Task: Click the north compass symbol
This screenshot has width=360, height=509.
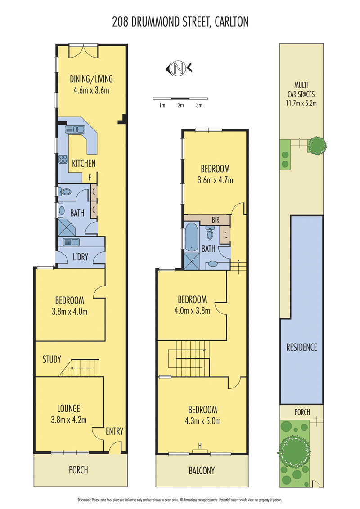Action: tap(179, 68)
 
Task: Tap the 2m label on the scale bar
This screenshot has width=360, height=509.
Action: tap(180, 105)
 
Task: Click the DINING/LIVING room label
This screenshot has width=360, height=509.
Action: tap(91, 79)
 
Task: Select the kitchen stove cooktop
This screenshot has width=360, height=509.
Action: tap(63, 159)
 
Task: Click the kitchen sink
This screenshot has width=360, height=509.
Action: tap(75, 129)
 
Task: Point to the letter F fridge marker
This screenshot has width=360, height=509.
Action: tap(90, 178)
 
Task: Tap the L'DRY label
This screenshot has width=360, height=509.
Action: tap(81, 257)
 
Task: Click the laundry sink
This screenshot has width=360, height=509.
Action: tap(71, 241)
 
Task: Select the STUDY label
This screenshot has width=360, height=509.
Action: tap(52, 359)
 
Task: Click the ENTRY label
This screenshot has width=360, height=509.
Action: tap(114, 431)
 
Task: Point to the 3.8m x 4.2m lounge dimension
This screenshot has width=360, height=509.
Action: tap(68, 420)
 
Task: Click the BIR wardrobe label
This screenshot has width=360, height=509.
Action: tap(216, 220)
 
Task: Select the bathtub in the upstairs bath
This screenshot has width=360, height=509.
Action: tap(191, 237)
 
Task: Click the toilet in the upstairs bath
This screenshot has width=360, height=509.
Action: tap(210, 232)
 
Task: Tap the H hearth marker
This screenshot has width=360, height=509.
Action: tap(200, 446)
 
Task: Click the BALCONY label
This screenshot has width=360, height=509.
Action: tap(202, 470)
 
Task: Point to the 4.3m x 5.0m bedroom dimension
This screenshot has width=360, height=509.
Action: tap(203, 421)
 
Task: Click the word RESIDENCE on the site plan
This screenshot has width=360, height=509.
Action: tap(301, 347)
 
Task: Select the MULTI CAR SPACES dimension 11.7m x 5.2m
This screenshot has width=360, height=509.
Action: tap(301, 103)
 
